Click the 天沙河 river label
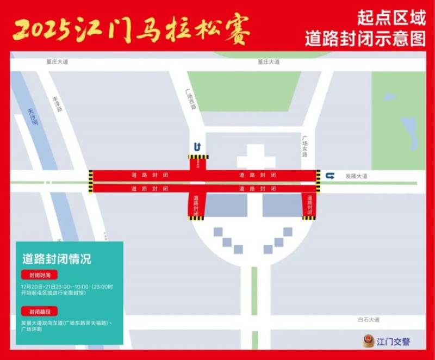33,117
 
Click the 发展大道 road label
356,176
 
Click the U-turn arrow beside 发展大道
330,175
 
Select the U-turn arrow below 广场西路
198,146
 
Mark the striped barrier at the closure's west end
90,181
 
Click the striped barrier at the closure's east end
318,181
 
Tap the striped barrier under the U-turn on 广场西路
198,157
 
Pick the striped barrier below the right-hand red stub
309,218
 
